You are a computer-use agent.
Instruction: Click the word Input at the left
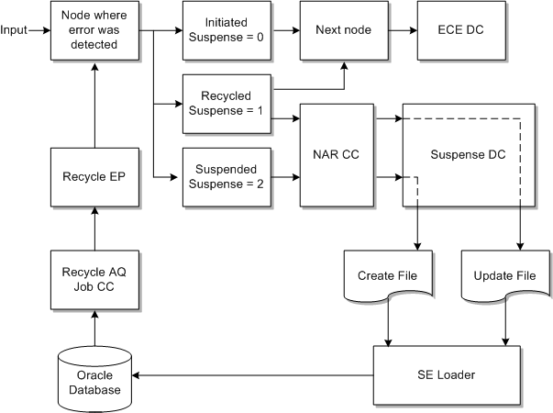tap(14, 29)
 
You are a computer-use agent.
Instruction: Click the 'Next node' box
tap(344, 29)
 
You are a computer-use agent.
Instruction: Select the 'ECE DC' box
tap(462, 29)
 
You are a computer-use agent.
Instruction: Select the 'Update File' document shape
tap(503, 275)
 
